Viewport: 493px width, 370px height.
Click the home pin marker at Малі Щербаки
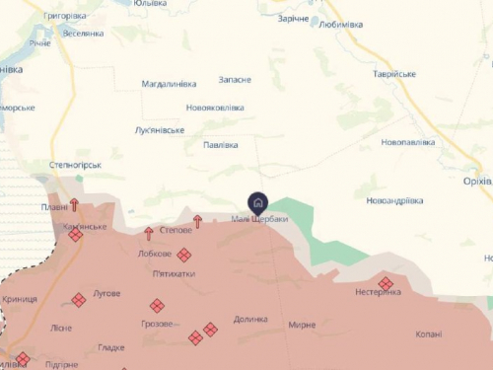(257, 202)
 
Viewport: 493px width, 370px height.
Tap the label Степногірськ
(75, 165)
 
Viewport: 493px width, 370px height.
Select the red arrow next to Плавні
(74, 205)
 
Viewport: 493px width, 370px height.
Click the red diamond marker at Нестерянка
(386, 283)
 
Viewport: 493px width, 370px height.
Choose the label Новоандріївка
(393, 200)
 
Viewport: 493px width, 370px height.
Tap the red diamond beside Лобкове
(184, 255)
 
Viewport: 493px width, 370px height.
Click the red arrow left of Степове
(149, 233)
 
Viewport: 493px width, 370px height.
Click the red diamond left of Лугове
(79, 299)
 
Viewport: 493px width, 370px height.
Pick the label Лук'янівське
(159, 130)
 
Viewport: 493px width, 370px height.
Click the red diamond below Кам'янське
(76, 236)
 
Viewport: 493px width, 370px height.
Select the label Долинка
(250, 319)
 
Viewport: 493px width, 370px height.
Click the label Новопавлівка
(407, 142)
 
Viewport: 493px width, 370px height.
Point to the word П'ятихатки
(174, 273)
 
